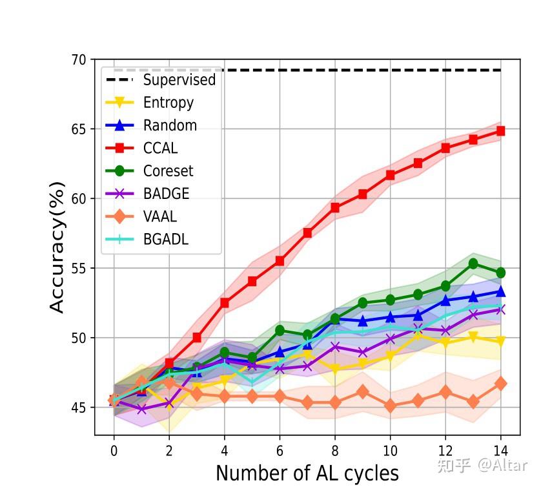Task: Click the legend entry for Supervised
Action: pyautogui.click(x=179, y=80)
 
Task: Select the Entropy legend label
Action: pyautogui.click(x=168, y=103)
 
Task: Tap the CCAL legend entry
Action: pyautogui.click(x=160, y=148)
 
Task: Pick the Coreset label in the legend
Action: pyautogui.click(x=168, y=171)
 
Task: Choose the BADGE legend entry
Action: pyautogui.click(x=166, y=194)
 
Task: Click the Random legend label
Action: pyautogui.click(x=170, y=125)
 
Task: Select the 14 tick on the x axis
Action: pyautogui.click(x=500, y=450)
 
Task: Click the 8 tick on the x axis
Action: pyautogui.click(x=335, y=450)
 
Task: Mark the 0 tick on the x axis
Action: pyautogui.click(x=114, y=450)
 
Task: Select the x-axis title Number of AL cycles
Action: pyautogui.click(x=307, y=473)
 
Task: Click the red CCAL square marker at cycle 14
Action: pyautogui.click(x=500, y=131)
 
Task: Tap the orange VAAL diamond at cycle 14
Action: pyautogui.click(x=500, y=384)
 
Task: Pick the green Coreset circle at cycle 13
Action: pyautogui.click(x=473, y=264)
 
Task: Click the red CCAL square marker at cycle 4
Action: pyautogui.click(x=225, y=303)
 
